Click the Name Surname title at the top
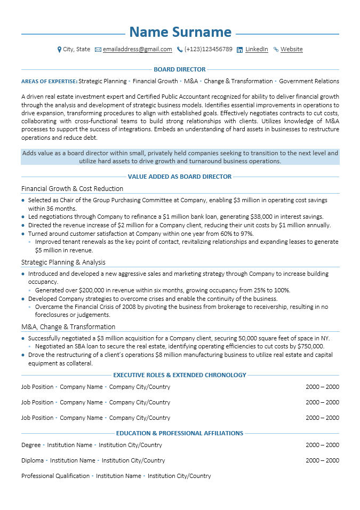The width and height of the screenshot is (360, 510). pyautogui.click(x=180, y=32)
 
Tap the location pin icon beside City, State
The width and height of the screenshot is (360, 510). pyautogui.click(x=59, y=50)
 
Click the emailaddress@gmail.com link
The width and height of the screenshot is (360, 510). pyautogui.click(x=137, y=49)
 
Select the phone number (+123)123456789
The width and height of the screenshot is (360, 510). pyautogui.click(x=208, y=49)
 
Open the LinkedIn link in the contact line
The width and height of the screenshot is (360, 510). pyautogui.click(x=257, y=49)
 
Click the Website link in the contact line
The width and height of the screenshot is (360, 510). pyautogui.click(x=291, y=49)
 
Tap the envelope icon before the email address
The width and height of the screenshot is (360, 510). pyautogui.click(x=98, y=50)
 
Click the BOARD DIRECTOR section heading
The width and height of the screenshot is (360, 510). pyautogui.click(x=180, y=69)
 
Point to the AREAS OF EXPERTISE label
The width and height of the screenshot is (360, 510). pyautogui.click(x=49, y=82)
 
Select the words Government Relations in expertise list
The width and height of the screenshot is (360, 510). pyautogui.click(x=309, y=81)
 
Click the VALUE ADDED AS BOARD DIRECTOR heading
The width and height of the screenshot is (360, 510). pyautogui.click(x=180, y=177)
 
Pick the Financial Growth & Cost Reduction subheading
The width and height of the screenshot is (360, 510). pyautogui.click(x=72, y=188)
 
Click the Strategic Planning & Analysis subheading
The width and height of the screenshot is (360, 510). pyautogui.click(x=63, y=262)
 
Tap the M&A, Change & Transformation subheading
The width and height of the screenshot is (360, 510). pyautogui.click(x=68, y=326)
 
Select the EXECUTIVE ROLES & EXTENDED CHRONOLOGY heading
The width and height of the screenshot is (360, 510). pyautogui.click(x=180, y=375)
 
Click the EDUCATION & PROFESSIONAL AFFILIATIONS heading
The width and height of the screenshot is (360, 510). pyautogui.click(x=180, y=433)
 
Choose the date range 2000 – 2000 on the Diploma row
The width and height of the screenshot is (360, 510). pyautogui.click(x=322, y=460)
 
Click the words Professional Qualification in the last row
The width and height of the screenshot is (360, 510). pyautogui.click(x=55, y=476)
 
